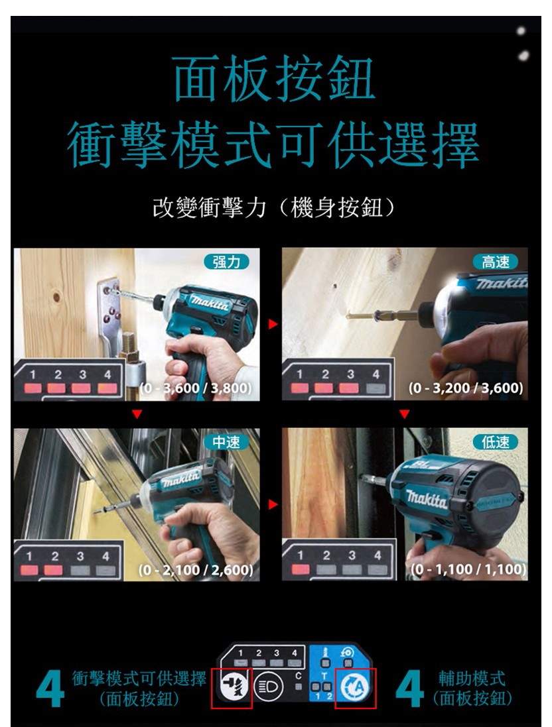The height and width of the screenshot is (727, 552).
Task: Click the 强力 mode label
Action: click(x=226, y=262)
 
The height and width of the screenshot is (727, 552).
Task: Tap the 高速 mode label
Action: click(x=496, y=262)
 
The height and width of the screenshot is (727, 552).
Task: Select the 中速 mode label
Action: click(x=226, y=442)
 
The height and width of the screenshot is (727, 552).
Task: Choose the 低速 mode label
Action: click(x=496, y=442)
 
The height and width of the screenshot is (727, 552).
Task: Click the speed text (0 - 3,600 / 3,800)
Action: click(x=196, y=388)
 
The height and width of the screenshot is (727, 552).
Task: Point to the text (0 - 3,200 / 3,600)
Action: click(x=466, y=388)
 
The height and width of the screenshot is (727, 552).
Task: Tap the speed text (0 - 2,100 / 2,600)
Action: click(x=196, y=569)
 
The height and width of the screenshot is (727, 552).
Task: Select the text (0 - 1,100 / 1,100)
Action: click(x=468, y=569)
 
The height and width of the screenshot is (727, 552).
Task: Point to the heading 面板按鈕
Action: click(x=274, y=78)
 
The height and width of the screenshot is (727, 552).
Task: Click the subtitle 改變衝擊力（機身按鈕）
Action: click(x=275, y=207)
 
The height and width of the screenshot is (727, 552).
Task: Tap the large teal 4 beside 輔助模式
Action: click(x=409, y=689)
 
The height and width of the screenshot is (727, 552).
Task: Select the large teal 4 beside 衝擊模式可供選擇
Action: click(x=50, y=689)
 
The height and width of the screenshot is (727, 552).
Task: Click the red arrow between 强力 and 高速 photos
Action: click(x=273, y=324)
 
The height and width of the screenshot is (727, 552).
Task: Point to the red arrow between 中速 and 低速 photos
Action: click(x=273, y=504)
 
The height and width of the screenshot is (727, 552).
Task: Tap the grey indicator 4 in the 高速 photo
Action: click(x=376, y=388)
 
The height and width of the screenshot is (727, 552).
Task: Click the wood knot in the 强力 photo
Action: click(x=56, y=296)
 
